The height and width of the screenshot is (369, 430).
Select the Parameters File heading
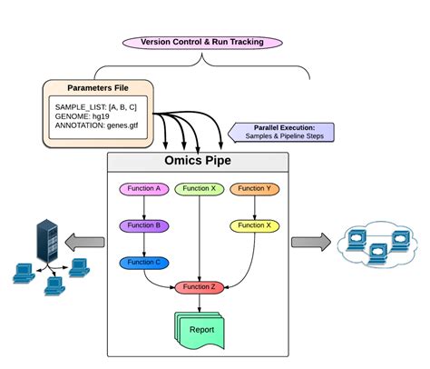click(95, 89)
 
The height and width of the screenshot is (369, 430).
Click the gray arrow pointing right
click(311, 243)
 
